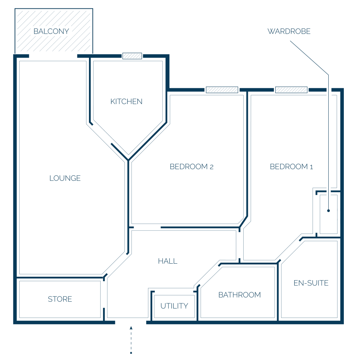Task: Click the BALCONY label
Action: pyautogui.click(x=51, y=31)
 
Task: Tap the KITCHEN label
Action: pyautogui.click(x=126, y=102)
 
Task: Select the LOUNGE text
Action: pyautogui.click(x=65, y=178)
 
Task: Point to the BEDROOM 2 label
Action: pyautogui.click(x=192, y=167)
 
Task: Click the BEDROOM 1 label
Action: pyautogui.click(x=291, y=167)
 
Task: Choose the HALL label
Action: pyautogui.click(x=168, y=261)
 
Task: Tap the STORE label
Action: pyautogui.click(x=60, y=299)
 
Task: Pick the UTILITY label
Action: pyautogui.click(x=174, y=306)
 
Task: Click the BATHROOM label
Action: pyautogui.click(x=239, y=295)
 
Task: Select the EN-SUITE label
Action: pyautogui.click(x=311, y=283)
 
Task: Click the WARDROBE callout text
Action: pyautogui.click(x=289, y=31)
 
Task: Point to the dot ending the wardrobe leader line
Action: pyautogui.click(x=329, y=211)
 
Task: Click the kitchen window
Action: pyautogui.click(x=132, y=56)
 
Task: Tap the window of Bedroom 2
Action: pyautogui.click(x=222, y=90)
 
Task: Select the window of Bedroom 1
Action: pyautogui.click(x=291, y=90)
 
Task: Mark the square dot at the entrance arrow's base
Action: pyautogui.click(x=131, y=353)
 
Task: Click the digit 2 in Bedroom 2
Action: pyautogui.click(x=212, y=167)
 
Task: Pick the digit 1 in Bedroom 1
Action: pyautogui.click(x=311, y=167)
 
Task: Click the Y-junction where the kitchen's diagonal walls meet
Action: pyautogui.click(x=128, y=160)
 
